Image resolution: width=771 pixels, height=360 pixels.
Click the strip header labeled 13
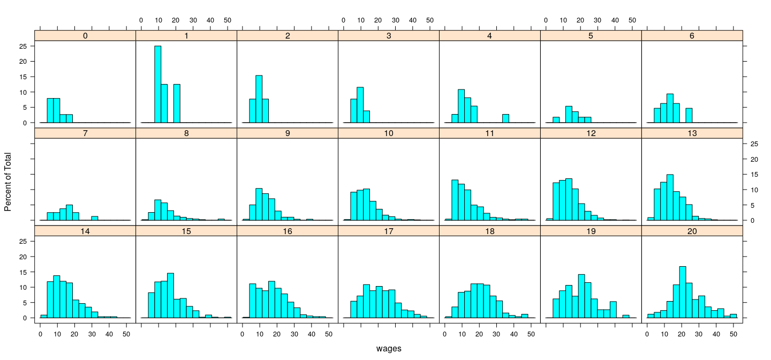tap(692, 133)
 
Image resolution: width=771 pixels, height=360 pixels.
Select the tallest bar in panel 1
tap(157, 84)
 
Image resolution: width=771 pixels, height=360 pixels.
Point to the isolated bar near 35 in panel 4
tap(505, 118)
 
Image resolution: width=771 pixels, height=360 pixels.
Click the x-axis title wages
tap(388, 349)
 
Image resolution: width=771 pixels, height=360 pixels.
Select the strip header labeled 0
tap(85, 35)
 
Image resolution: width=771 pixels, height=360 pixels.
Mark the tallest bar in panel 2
tap(259, 99)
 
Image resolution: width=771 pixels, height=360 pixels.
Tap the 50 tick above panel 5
tap(632, 20)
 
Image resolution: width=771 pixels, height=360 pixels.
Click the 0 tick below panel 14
tap(40, 334)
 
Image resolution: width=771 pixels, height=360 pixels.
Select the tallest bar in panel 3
tap(360, 105)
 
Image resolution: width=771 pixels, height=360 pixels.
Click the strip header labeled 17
tap(388, 230)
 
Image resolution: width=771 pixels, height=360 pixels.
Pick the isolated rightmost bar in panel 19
tap(625, 316)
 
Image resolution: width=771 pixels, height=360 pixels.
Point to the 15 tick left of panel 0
tap(23, 77)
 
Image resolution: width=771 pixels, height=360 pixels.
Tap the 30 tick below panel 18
tap(496, 334)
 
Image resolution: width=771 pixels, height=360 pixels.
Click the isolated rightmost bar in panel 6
tap(689, 116)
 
